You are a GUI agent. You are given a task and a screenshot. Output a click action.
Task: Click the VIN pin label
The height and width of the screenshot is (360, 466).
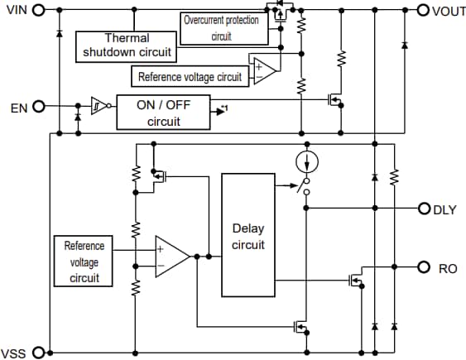(x=15, y=10)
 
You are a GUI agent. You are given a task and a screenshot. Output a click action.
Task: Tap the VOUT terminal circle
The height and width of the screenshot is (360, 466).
(x=424, y=10)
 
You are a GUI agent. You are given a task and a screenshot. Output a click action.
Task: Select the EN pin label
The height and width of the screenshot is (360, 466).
(x=17, y=108)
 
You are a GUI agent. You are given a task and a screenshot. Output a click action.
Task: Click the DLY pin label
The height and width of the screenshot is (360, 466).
(x=444, y=209)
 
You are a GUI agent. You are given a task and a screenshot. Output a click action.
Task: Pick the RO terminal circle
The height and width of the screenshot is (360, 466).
(x=424, y=267)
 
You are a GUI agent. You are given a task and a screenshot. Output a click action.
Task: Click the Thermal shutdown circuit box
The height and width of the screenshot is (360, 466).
(x=126, y=46)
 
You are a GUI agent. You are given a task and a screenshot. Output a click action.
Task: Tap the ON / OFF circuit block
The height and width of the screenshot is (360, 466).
(x=162, y=112)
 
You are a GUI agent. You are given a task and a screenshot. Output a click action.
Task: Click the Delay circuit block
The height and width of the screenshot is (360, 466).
(x=247, y=235)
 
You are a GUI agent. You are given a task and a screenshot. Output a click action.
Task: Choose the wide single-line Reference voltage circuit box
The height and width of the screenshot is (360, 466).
(x=190, y=77)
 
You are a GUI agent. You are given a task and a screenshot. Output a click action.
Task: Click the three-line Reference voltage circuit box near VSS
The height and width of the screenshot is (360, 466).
(x=84, y=262)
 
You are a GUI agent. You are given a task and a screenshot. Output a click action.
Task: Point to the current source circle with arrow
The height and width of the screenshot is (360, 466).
(x=305, y=161)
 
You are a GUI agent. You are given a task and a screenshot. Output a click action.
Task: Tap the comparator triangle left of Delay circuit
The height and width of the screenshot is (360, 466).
(x=171, y=257)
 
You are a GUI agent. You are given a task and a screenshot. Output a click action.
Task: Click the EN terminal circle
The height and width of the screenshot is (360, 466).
(x=37, y=107)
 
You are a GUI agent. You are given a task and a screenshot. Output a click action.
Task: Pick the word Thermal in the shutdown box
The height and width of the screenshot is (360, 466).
(x=126, y=39)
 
